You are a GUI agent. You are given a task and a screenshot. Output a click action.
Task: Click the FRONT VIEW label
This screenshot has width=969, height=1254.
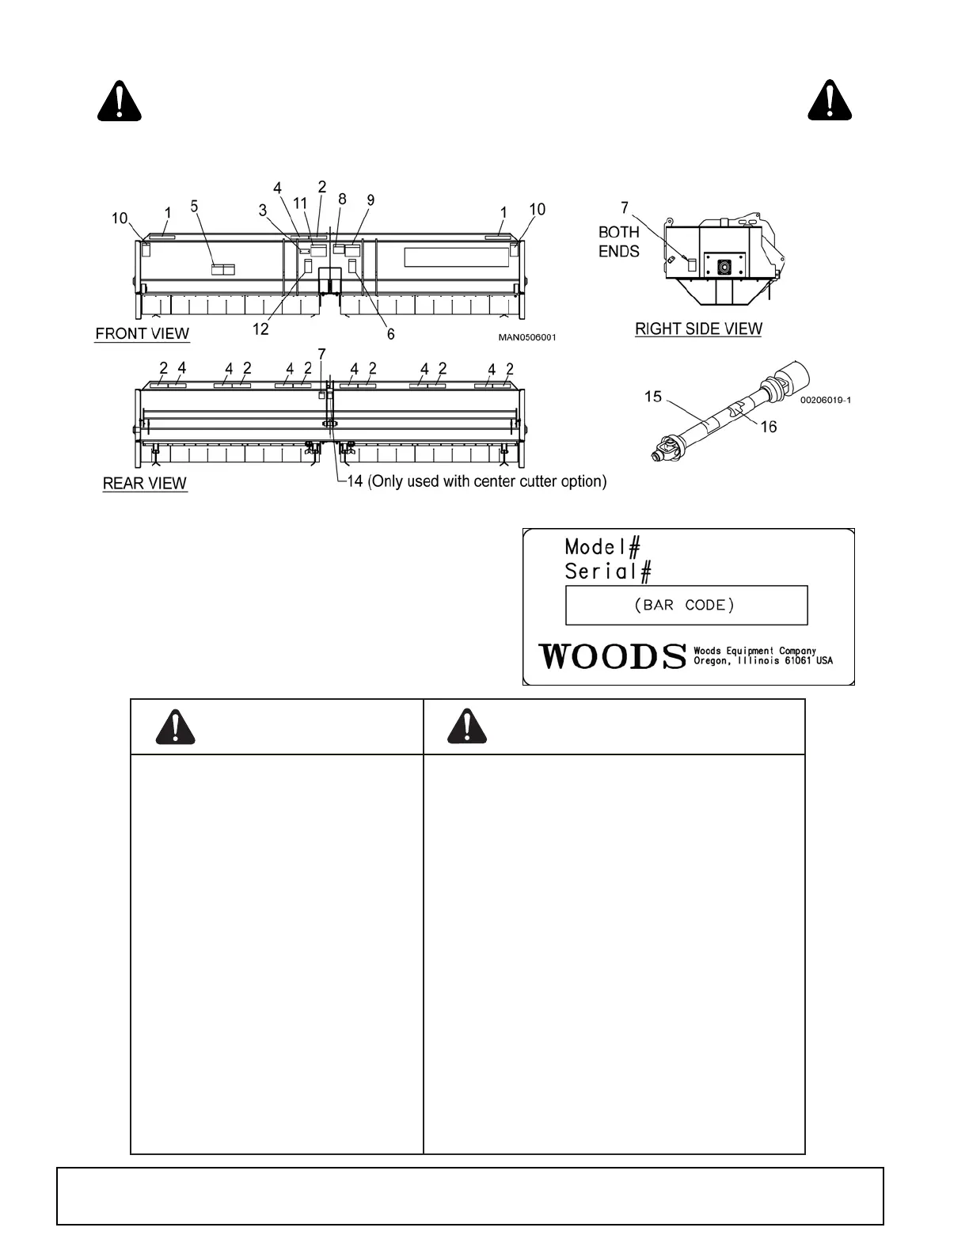coord(142,333)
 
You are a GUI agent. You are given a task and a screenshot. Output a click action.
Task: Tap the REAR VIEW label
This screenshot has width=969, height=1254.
coord(145,483)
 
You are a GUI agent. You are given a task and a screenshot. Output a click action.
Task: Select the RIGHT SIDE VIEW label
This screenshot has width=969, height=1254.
coord(698,329)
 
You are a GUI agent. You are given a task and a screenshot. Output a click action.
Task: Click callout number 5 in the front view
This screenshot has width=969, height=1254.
coord(195,207)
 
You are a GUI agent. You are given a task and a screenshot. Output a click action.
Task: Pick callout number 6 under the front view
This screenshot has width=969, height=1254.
coord(390,334)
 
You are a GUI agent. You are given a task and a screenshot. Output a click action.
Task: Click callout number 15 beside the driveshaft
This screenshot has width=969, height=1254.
coord(653,396)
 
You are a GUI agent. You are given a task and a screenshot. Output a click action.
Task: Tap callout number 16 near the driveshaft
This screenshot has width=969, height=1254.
coord(769,427)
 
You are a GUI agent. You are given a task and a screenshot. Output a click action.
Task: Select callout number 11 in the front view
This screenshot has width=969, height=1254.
coord(301,203)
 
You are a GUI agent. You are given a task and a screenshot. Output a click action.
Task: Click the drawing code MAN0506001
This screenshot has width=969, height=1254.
coord(527,338)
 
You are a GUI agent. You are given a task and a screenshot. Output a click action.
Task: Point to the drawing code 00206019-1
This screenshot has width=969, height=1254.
coord(825,400)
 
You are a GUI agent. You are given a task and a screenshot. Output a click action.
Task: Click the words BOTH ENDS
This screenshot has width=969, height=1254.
coord(619,241)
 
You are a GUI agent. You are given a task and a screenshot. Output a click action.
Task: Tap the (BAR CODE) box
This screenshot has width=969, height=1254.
coord(686,606)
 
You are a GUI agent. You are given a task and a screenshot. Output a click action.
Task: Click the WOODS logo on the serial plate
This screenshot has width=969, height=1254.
coord(612,656)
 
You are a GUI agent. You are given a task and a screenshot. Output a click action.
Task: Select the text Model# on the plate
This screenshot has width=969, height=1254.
coord(602,546)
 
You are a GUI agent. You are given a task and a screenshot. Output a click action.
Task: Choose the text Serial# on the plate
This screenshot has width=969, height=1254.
coord(608,571)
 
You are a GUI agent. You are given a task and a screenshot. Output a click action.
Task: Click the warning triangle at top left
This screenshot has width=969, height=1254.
coord(120,101)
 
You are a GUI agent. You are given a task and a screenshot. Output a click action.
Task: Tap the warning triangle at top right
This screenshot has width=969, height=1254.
coord(830,101)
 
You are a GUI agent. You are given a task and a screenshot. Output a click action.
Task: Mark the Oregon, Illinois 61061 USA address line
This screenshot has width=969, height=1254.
coord(763,661)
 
